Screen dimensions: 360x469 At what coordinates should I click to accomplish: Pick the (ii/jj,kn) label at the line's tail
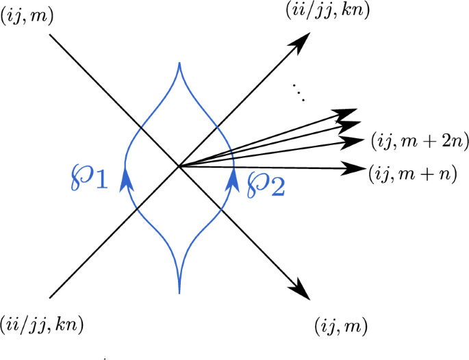43,322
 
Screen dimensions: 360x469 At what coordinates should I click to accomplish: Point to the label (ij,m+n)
413,174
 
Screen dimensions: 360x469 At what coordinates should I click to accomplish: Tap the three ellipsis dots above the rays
299,92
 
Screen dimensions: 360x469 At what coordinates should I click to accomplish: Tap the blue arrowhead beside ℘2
234,181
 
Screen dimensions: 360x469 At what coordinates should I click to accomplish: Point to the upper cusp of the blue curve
179,64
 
